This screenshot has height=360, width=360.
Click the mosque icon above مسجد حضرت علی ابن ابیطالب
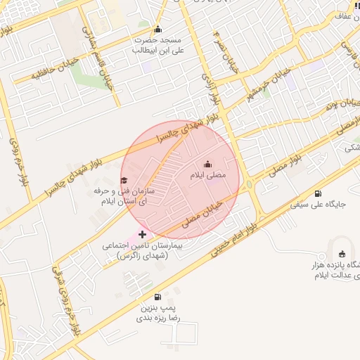(x=157, y=30)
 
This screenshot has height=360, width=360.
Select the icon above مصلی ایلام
(x=207, y=165)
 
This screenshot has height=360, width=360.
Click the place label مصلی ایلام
(x=208, y=176)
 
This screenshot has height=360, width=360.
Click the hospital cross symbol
(x=143, y=234)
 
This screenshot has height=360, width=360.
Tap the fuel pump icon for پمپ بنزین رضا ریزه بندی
(x=157, y=297)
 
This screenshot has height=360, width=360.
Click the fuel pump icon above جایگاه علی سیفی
(x=319, y=194)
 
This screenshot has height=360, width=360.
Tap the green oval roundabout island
(x=249, y=186)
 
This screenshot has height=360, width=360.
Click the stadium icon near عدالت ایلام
(x=342, y=254)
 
